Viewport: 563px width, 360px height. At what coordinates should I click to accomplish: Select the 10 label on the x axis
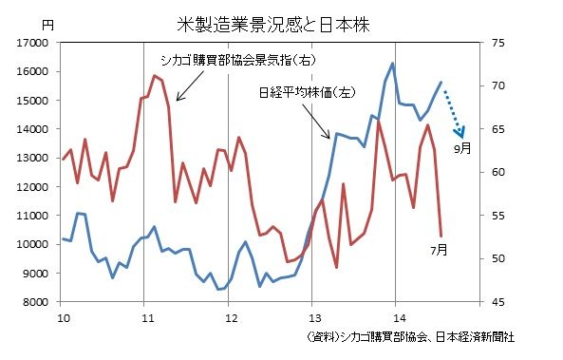coord(63,316)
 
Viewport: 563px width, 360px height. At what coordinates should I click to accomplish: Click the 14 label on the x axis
coord(395,316)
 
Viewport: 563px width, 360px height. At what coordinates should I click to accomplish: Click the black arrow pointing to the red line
coord(184,89)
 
